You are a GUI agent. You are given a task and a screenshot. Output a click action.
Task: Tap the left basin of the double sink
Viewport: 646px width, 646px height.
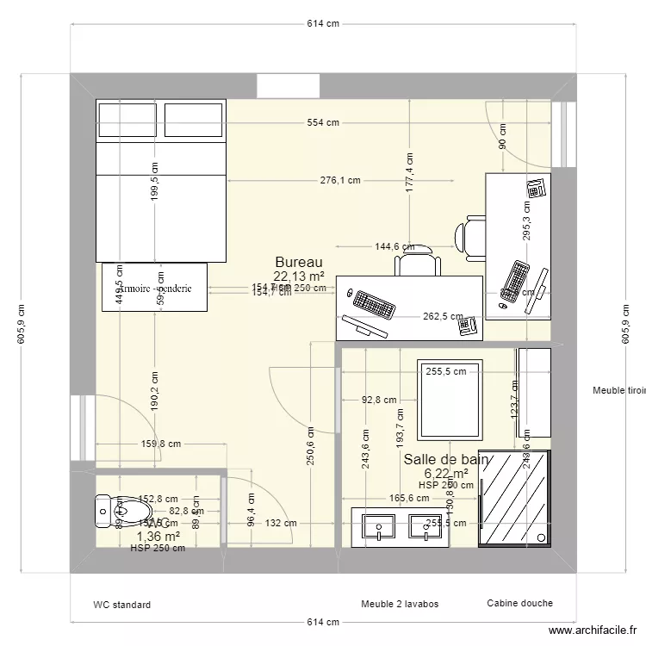pyautogui.click(x=378, y=527)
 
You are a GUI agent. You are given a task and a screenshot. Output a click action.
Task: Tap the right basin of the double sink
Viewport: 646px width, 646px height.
pyautogui.click(x=425, y=527)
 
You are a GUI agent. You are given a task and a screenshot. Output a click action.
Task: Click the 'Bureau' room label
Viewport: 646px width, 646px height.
pyautogui.click(x=298, y=262)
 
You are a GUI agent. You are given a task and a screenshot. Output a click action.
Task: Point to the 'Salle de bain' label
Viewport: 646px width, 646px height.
pyautogui.click(x=445, y=460)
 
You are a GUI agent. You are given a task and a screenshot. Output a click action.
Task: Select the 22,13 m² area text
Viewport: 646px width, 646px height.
pyautogui.click(x=298, y=276)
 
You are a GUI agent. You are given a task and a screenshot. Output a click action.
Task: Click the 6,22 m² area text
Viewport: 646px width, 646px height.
pyautogui.click(x=445, y=474)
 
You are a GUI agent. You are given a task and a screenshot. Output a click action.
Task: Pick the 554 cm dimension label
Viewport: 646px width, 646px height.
pyautogui.click(x=322, y=123)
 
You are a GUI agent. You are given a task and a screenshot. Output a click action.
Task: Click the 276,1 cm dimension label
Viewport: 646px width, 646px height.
pyautogui.click(x=339, y=181)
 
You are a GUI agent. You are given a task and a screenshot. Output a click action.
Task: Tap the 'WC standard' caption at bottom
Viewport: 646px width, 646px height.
pyautogui.click(x=122, y=605)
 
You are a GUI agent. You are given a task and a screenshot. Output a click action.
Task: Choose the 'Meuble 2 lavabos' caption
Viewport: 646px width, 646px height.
pyautogui.click(x=401, y=604)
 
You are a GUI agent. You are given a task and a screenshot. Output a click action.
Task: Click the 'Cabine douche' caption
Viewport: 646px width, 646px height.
pyautogui.click(x=519, y=603)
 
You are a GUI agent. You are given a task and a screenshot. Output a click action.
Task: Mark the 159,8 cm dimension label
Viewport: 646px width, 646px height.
pyautogui.click(x=161, y=444)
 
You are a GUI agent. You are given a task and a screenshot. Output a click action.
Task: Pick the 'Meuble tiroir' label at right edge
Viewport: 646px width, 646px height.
pyautogui.click(x=618, y=391)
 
